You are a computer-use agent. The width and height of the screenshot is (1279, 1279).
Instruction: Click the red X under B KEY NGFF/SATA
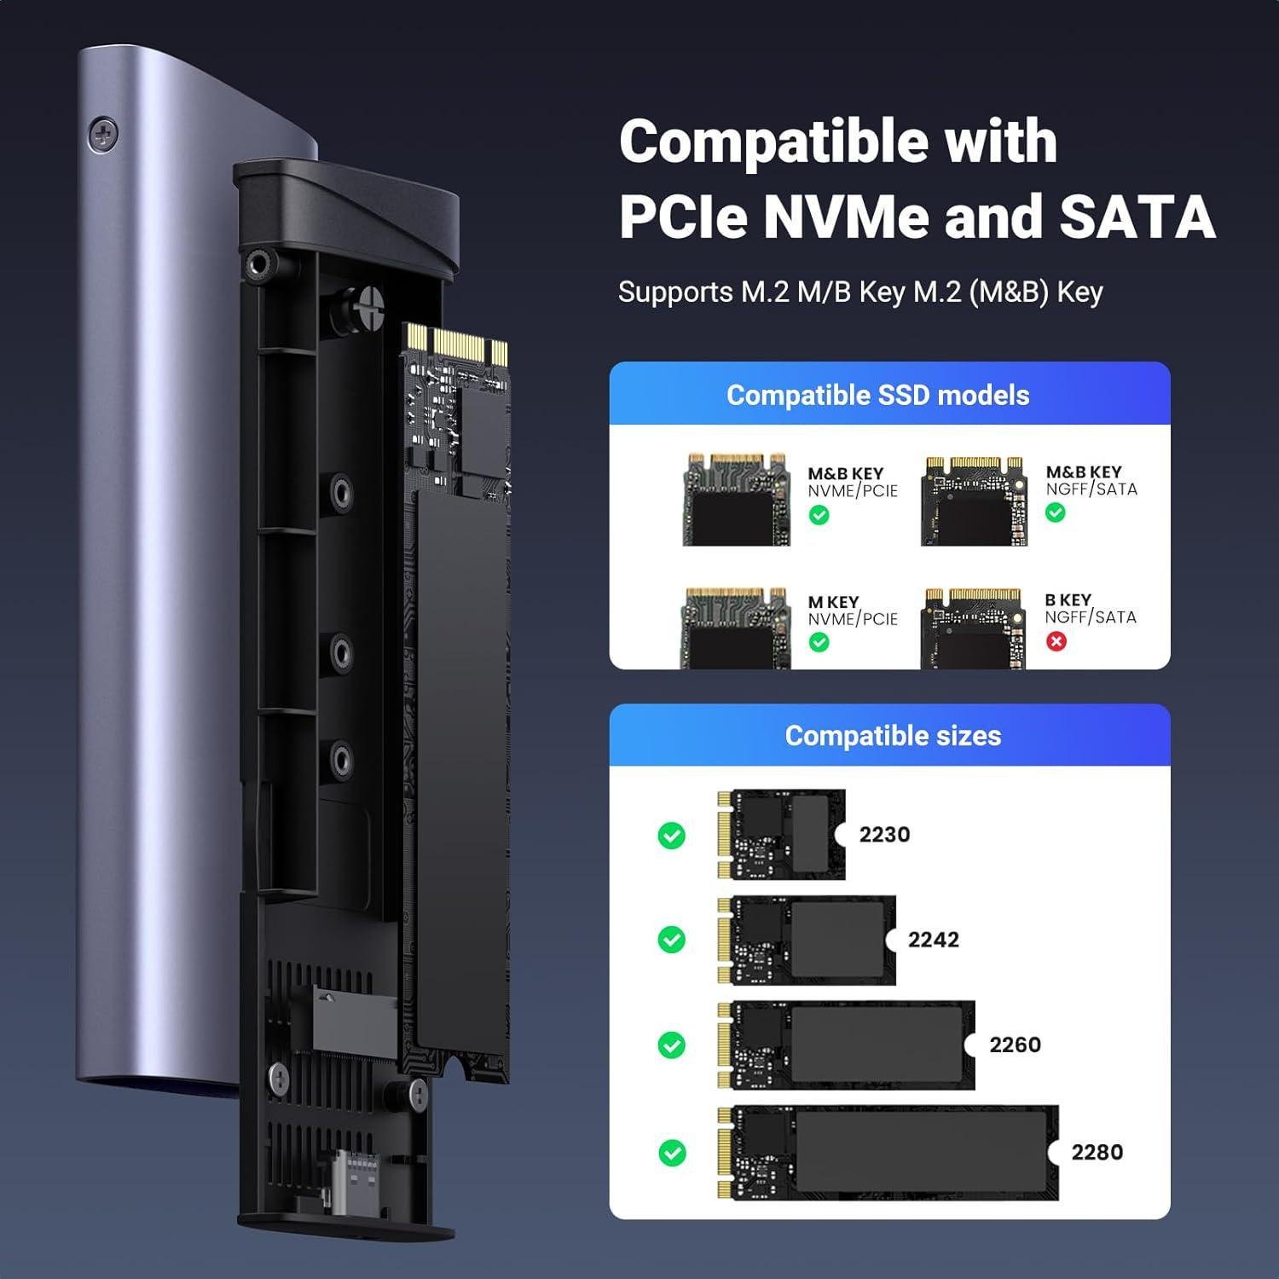pos(1056,641)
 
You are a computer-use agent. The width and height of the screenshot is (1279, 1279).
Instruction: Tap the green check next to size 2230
pos(672,835)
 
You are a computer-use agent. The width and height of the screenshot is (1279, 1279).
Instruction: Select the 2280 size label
pos(1097,1152)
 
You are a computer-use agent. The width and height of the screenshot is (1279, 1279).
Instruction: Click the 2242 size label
pos(933,940)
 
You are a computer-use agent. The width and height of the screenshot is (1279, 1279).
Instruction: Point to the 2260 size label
pos(1015,1045)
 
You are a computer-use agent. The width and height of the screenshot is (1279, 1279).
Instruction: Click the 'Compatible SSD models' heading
pos(877,395)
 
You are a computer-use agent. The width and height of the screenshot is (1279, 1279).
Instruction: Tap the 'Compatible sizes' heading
pos(893,736)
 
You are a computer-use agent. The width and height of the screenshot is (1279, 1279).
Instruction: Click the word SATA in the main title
pos(1137,217)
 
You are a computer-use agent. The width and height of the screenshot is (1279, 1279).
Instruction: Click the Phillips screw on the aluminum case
pos(103,134)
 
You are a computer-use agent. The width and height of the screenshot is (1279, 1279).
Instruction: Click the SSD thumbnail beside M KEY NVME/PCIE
pos(735,628)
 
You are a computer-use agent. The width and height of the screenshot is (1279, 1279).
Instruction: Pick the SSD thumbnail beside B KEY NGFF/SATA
pos(974,628)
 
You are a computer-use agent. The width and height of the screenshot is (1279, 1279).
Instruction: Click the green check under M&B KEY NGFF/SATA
pos(1055,512)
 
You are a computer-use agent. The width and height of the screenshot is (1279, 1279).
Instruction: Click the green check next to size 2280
pos(672,1153)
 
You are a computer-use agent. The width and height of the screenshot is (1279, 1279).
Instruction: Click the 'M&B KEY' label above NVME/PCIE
pos(845,473)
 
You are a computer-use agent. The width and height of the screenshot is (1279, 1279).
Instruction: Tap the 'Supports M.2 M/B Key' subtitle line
pos(860,292)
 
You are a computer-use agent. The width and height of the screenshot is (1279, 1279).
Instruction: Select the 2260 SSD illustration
pos(847,1045)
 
